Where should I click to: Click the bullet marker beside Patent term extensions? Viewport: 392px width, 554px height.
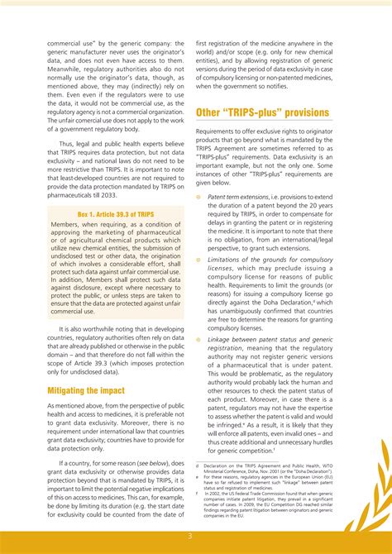[199, 198]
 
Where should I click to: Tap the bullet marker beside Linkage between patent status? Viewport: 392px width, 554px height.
[199, 340]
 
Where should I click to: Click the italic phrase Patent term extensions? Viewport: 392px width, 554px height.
[237, 198]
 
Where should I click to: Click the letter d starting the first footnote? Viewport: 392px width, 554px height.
[198, 466]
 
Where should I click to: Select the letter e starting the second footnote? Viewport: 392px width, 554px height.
[198, 477]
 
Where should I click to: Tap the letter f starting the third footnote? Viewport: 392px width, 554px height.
[198, 491]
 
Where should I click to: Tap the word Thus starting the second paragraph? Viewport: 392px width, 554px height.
[68, 143]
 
